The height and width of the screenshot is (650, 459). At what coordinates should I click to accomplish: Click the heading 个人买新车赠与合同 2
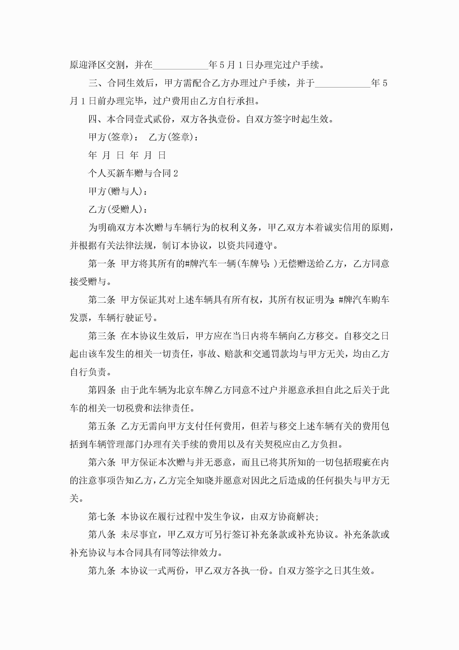click(x=133, y=173)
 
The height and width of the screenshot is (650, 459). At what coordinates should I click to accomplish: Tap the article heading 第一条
click(x=102, y=263)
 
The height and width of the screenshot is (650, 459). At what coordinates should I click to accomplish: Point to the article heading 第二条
click(x=102, y=300)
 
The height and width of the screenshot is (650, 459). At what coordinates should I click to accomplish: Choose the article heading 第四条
click(x=102, y=390)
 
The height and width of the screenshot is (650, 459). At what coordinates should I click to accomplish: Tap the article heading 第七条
click(x=102, y=516)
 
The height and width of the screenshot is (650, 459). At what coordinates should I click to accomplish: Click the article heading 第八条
click(x=102, y=535)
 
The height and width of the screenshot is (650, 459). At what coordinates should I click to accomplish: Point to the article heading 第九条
click(x=102, y=571)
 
